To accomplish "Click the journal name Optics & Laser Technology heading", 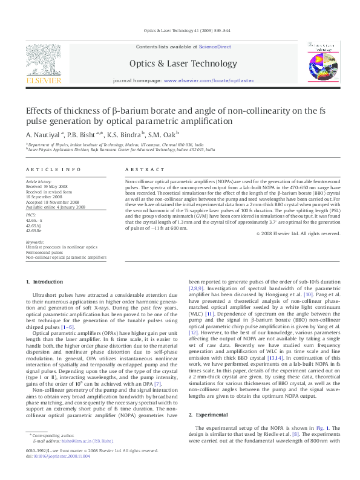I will point(183,63).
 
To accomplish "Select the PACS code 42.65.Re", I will point(35,231).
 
